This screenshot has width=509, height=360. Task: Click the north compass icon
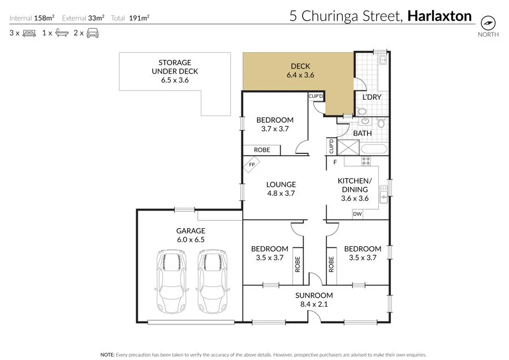click(488, 22)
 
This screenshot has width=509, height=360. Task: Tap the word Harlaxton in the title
click(439, 16)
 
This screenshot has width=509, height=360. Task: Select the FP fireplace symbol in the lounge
click(251, 166)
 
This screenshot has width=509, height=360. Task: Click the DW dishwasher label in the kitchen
click(357, 214)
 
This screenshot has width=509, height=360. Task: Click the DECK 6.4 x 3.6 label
click(300, 71)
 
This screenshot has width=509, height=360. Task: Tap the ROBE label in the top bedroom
click(262, 150)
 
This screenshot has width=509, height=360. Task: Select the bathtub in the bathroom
click(374, 150)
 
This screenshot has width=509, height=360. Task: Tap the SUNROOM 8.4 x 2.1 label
click(314, 300)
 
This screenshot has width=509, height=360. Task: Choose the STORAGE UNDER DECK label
click(175, 71)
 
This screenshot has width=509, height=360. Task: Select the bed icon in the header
click(29, 33)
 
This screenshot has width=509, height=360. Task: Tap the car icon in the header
click(93, 33)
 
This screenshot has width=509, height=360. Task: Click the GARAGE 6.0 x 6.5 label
click(190, 235)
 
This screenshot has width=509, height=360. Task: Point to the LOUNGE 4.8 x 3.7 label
click(281, 188)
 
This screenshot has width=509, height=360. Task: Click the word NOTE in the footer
click(107, 354)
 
